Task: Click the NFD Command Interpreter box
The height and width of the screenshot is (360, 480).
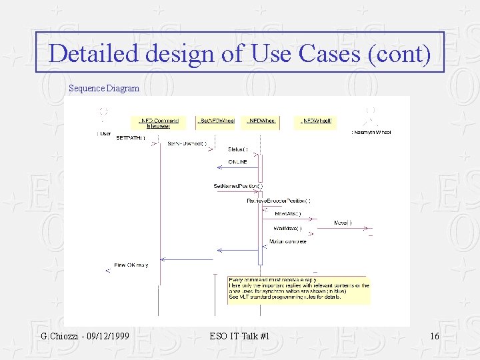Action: [x=159, y=123]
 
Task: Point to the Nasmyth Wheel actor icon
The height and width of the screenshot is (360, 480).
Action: [x=371, y=115]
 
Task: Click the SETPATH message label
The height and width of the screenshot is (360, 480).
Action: [x=131, y=138]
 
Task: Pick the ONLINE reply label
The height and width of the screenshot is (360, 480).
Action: [x=238, y=162]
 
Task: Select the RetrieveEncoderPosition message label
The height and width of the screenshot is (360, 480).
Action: [x=279, y=200]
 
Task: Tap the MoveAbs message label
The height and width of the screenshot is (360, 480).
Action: [x=288, y=214]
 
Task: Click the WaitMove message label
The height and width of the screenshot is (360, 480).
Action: [x=287, y=228]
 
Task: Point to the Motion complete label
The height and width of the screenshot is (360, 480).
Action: [x=287, y=241]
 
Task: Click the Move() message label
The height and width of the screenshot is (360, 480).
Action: [x=343, y=223]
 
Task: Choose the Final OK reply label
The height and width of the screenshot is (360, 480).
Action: [x=131, y=265]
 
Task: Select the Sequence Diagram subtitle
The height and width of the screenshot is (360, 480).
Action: [x=104, y=88]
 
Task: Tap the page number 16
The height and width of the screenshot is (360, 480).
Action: [x=435, y=336]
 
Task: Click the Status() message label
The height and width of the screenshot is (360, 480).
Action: [x=238, y=149]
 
